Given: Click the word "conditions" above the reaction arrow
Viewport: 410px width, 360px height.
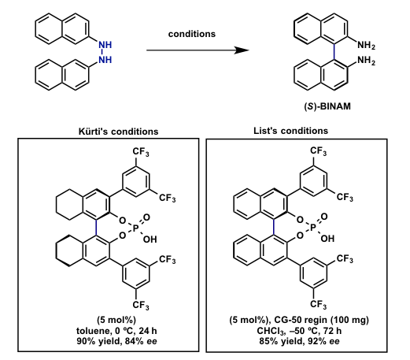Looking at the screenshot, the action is pos(192,34).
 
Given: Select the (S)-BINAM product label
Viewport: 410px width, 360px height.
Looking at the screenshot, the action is pos(327,106).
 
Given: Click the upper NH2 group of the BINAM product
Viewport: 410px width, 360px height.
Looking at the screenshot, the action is pos(366,45).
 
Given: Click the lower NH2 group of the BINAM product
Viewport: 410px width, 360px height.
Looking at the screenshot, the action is pos(366,61).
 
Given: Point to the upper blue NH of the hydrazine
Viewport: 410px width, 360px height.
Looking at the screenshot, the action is pos(105,45).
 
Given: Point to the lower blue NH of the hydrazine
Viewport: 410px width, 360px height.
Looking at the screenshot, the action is pos(105,60).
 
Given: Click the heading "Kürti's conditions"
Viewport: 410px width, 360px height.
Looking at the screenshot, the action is pos(118,132).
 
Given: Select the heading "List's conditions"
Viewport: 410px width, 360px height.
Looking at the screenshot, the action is pos(290,131).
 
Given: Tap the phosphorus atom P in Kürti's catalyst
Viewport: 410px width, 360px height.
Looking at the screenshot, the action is pos(135,228).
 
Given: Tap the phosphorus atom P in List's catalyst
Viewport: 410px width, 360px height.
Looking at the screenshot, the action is pos(312,228).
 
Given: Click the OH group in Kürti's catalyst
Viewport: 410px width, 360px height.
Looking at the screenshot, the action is pos(150,239).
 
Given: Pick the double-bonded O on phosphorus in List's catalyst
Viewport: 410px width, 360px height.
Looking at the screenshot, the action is pos(324,217).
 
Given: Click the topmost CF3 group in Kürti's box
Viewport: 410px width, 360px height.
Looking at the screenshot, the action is pos(141,152).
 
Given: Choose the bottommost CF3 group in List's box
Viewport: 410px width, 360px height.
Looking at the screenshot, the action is pos(318,304).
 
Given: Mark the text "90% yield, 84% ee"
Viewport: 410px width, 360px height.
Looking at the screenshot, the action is pos(117,341).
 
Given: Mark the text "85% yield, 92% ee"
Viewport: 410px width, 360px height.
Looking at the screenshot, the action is pos(299,341).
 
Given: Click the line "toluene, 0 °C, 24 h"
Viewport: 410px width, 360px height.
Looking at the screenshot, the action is pos(116,331).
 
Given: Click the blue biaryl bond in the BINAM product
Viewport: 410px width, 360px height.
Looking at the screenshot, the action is pos(334,51).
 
